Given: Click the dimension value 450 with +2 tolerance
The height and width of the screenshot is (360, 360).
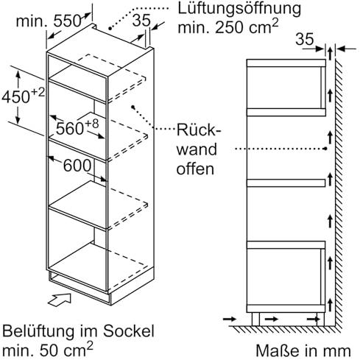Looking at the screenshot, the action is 24,96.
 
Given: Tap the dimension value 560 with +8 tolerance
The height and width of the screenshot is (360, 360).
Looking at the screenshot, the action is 77,127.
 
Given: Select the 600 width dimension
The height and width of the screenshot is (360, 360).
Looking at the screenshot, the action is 77,166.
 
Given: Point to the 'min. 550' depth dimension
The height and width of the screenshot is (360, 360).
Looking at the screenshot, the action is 49,21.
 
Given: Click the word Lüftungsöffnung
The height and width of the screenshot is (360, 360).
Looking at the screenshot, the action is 239,9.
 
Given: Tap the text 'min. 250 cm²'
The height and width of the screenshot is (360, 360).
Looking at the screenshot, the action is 228,27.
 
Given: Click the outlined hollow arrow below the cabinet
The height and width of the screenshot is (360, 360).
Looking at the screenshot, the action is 60,300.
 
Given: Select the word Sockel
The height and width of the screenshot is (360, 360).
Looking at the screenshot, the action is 129,331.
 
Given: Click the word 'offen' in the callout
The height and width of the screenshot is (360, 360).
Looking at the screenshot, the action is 195,169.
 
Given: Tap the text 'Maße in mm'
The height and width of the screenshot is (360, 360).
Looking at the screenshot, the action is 303,350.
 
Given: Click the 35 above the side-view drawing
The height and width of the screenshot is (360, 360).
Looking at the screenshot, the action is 305,39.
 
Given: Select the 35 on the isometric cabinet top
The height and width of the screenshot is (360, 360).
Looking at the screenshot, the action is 141,20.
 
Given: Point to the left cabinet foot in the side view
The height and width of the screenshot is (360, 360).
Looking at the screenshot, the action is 255,319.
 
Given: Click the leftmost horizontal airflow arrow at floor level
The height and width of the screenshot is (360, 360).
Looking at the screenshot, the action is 229,319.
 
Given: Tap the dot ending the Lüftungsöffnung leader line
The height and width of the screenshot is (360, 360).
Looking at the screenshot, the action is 110,29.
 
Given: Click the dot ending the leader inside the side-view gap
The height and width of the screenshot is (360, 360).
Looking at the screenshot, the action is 325,149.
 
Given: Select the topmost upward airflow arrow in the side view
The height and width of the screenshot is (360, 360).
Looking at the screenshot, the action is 331,53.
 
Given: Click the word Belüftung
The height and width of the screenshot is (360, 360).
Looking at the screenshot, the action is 39,331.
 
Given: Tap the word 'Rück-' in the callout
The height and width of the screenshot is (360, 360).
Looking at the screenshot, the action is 199,130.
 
